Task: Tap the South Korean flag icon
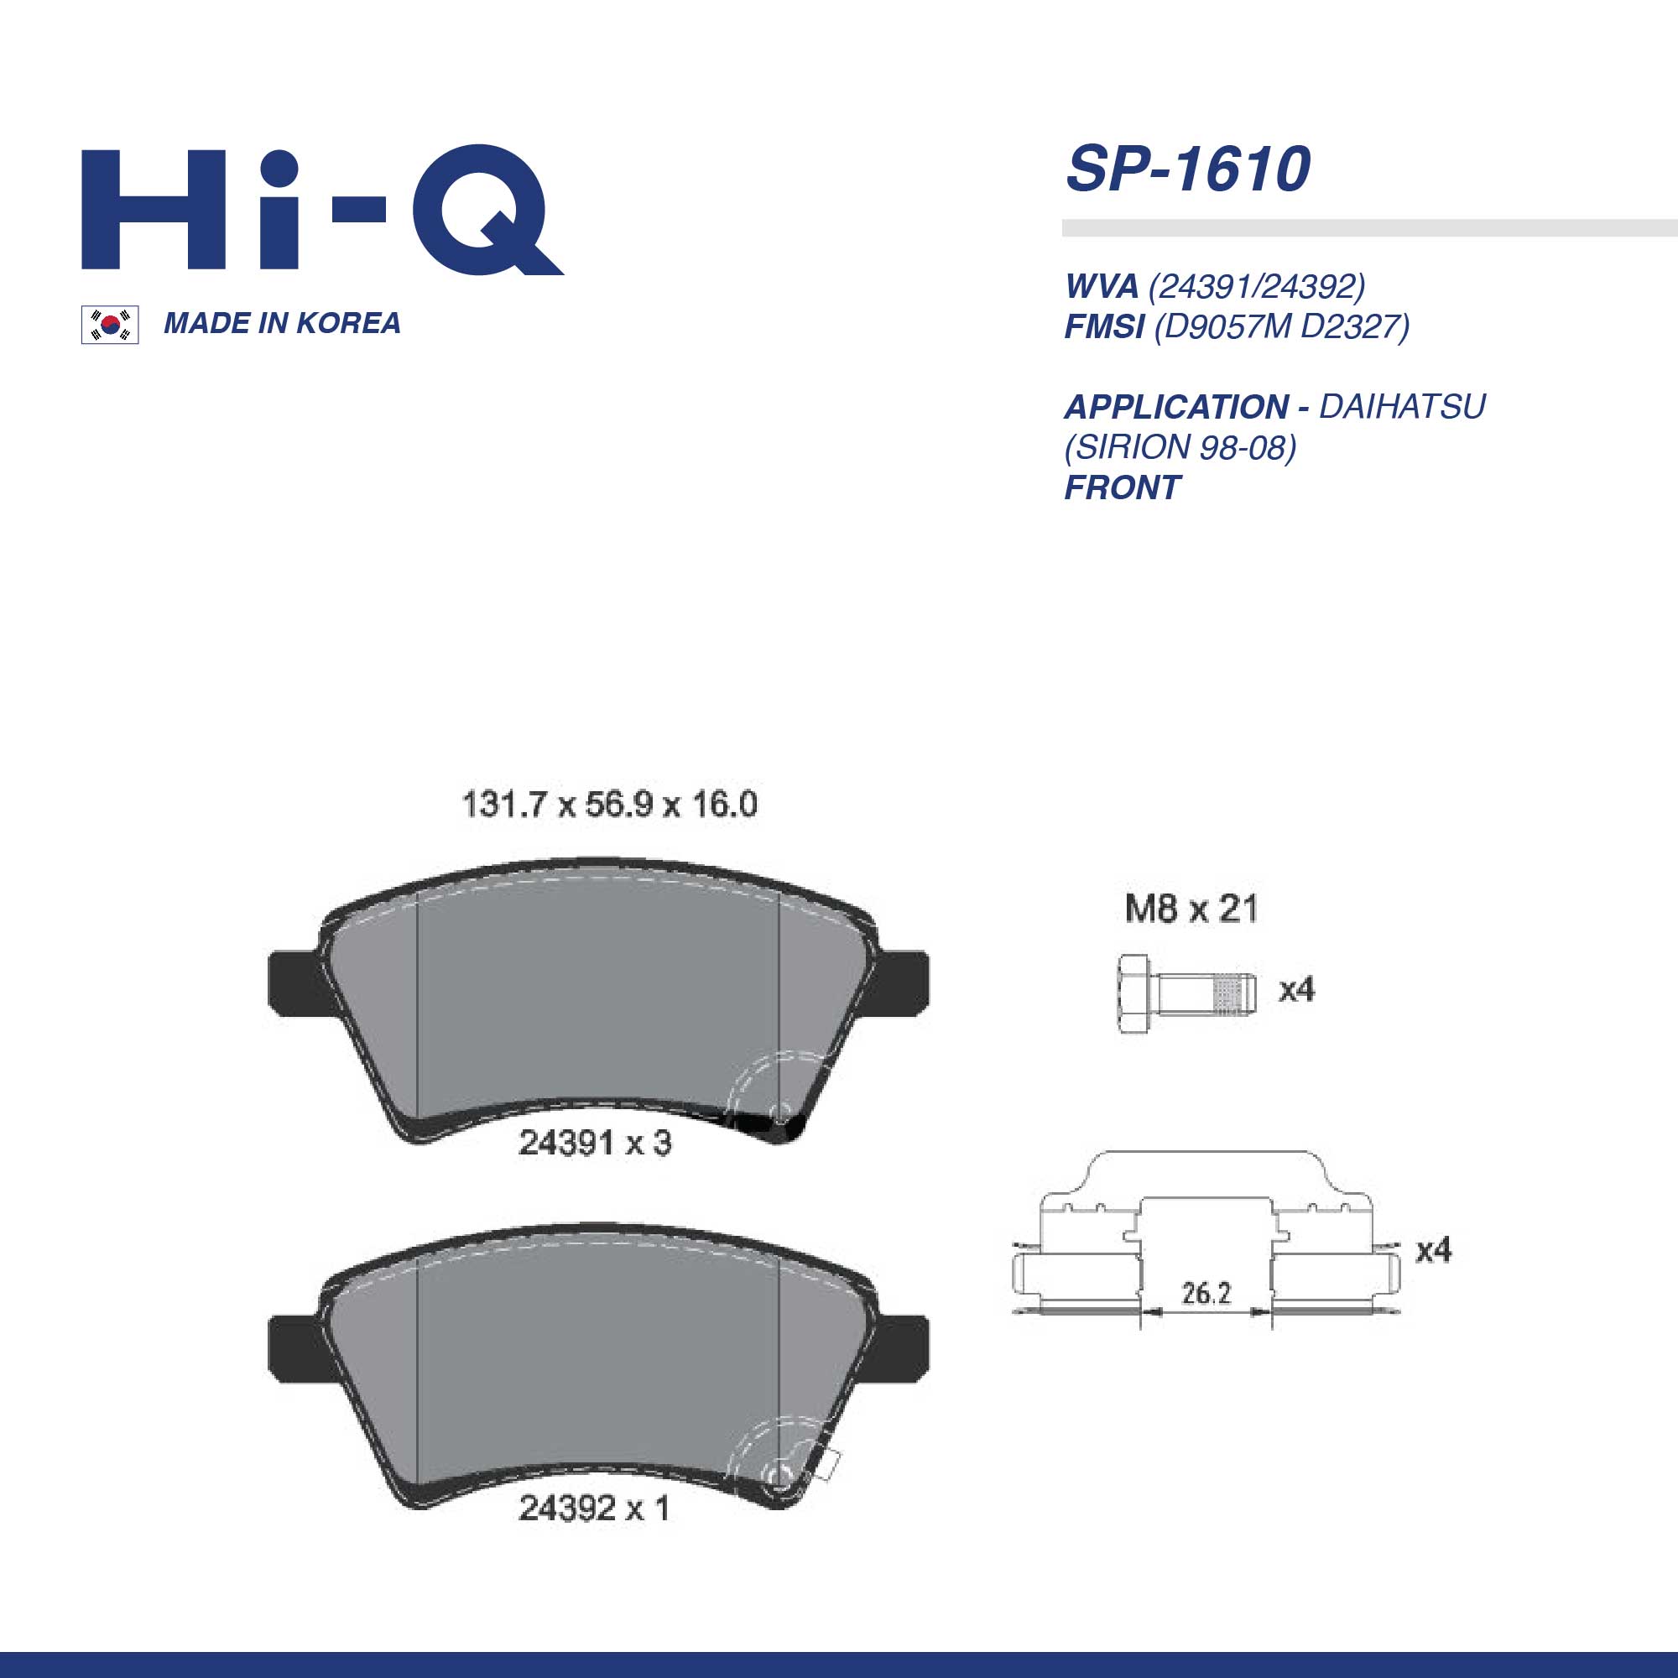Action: [x=110, y=325]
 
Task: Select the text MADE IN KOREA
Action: [x=282, y=323]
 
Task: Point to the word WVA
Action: [x=1102, y=286]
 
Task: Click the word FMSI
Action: [x=1104, y=326]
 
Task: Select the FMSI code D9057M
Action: [x=1226, y=326]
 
